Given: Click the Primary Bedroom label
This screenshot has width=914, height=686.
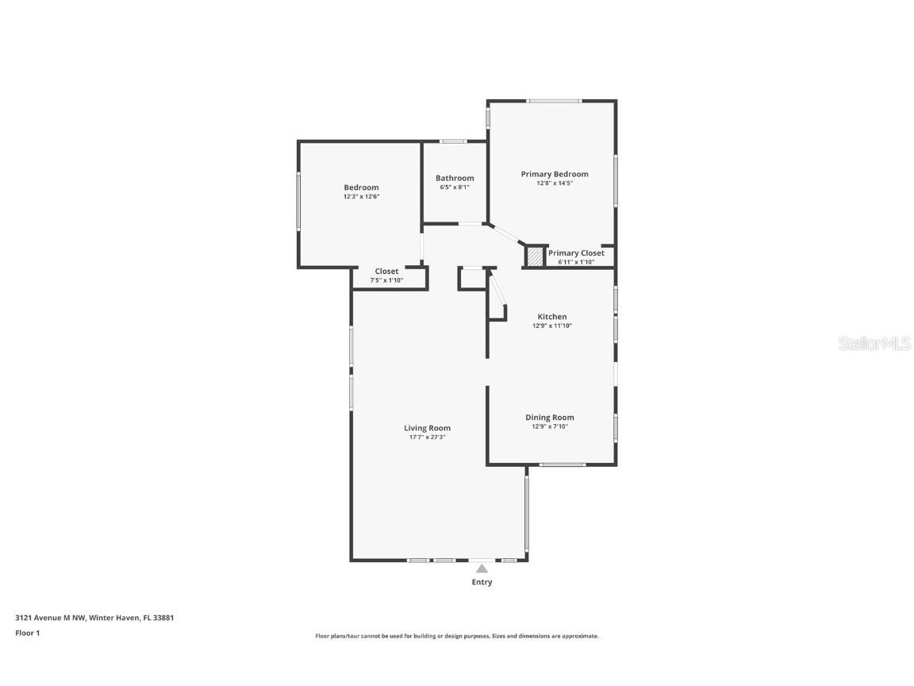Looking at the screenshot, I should pyautogui.click(x=554, y=174).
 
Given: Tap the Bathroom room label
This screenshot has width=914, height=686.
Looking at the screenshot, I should pyautogui.click(x=455, y=178).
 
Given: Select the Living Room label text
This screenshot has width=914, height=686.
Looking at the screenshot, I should pyautogui.click(x=427, y=428).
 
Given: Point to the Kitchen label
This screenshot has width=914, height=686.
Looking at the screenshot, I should pyautogui.click(x=551, y=317).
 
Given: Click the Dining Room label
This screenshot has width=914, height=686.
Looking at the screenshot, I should pyautogui.click(x=549, y=418).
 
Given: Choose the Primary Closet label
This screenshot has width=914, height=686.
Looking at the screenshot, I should pyautogui.click(x=576, y=253).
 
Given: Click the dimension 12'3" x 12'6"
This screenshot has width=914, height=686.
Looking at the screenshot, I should pyautogui.click(x=361, y=196).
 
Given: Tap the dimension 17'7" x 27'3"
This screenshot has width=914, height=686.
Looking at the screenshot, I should pyautogui.click(x=427, y=437).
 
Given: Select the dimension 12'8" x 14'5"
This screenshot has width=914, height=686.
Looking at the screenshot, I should pyautogui.click(x=554, y=183).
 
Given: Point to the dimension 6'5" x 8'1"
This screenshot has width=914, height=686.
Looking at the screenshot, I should pyautogui.click(x=455, y=187).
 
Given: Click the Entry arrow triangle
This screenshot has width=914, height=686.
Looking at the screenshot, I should pyautogui.click(x=482, y=568).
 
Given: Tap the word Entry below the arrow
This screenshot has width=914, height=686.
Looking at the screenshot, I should pyautogui.click(x=482, y=582).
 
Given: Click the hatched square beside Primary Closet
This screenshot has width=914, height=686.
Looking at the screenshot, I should pyautogui.click(x=536, y=256).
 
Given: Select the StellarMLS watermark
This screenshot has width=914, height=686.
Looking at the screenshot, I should pyautogui.click(x=875, y=343).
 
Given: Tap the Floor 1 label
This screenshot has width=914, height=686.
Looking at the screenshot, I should pyautogui.click(x=27, y=633).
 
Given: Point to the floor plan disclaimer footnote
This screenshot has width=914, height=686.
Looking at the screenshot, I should pyautogui.click(x=457, y=636).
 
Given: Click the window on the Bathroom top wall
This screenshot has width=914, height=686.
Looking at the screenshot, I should pyautogui.click(x=453, y=141).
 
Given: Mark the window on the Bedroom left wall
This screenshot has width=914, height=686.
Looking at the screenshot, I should pyautogui.click(x=298, y=202).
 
